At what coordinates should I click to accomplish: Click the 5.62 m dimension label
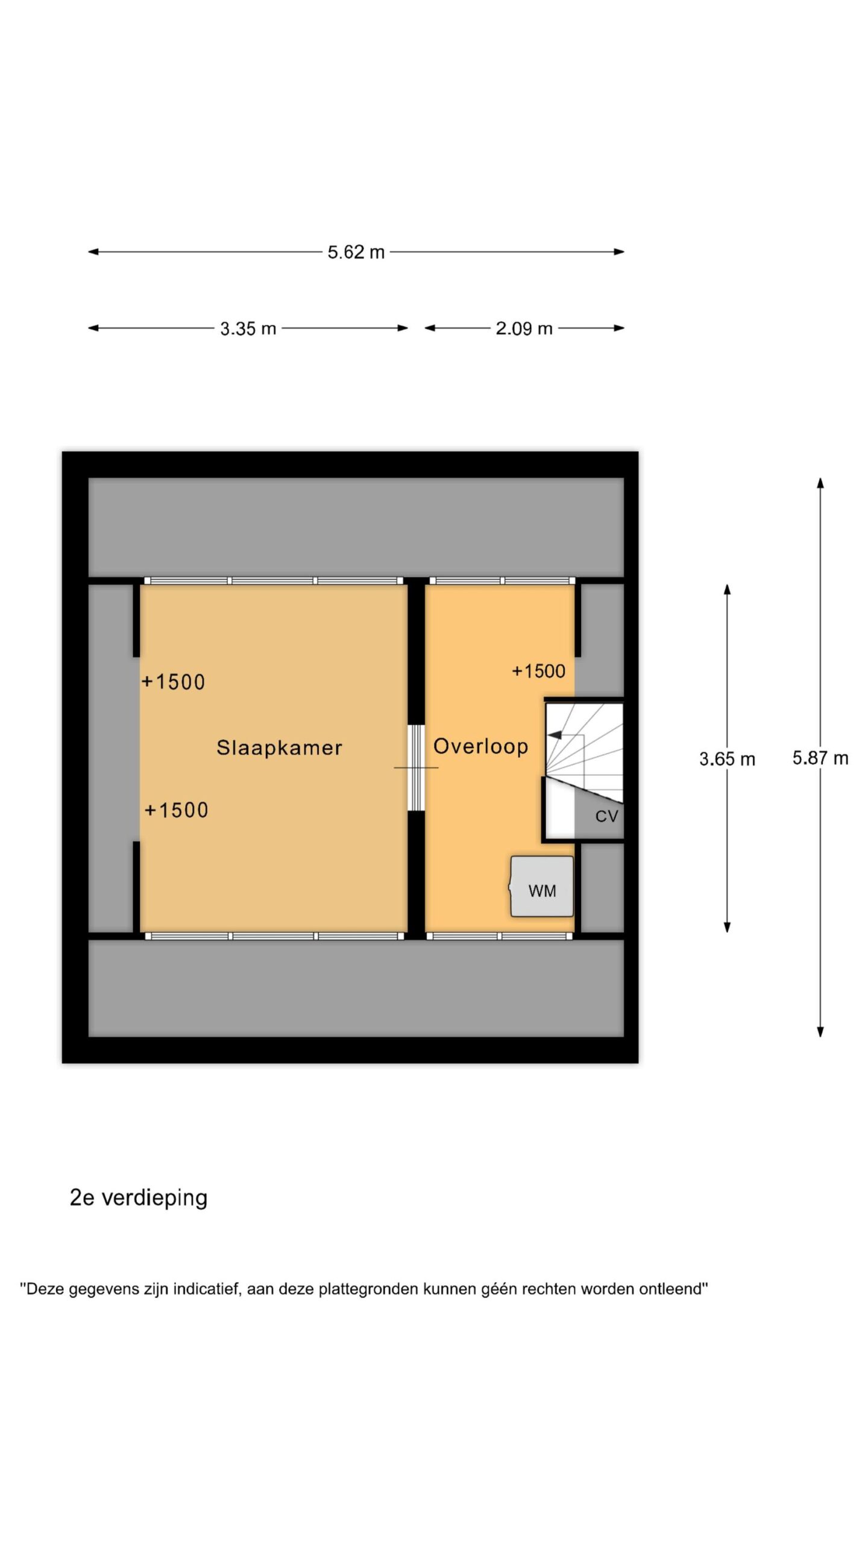(x=356, y=252)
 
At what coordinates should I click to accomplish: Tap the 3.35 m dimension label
(x=248, y=328)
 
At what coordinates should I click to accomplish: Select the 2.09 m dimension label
(x=524, y=328)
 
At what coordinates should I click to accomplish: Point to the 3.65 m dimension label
(x=727, y=759)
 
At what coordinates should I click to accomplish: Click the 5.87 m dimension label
(x=820, y=758)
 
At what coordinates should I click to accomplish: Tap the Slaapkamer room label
(x=279, y=748)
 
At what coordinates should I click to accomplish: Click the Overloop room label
(x=480, y=746)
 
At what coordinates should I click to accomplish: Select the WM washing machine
(x=542, y=886)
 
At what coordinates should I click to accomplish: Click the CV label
(x=606, y=816)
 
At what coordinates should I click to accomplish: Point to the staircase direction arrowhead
(x=554, y=735)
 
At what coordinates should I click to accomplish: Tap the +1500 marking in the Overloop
(x=538, y=671)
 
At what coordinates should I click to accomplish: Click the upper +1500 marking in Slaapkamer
(x=173, y=682)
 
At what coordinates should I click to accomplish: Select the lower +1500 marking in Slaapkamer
(x=176, y=810)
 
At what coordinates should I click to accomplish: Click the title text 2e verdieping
(x=139, y=1197)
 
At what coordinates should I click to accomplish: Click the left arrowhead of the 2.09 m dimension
(x=430, y=328)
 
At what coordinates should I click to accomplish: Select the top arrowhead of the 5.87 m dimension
(x=820, y=483)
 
